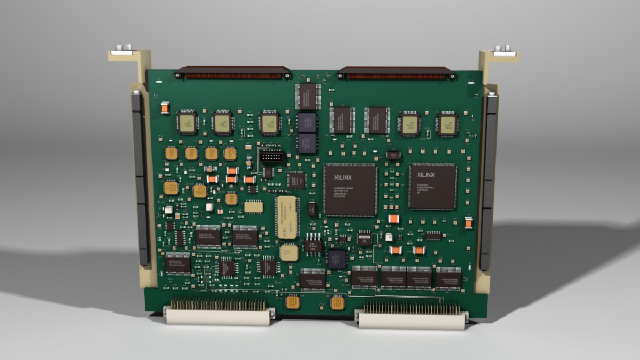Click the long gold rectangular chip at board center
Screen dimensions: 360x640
click(x=287, y=217)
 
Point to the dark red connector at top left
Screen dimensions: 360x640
click(x=234, y=73)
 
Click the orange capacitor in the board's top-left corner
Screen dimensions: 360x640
click(x=164, y=108)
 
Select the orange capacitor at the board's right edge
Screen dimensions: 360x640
click(x=468, y=222)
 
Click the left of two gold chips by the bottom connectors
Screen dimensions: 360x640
click(x=293, y=302)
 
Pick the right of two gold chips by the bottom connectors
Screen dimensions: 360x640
click(x=337, y=303)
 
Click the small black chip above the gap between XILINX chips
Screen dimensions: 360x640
click(x=394, y=155)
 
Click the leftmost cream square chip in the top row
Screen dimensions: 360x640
click(x=187, y=122)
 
